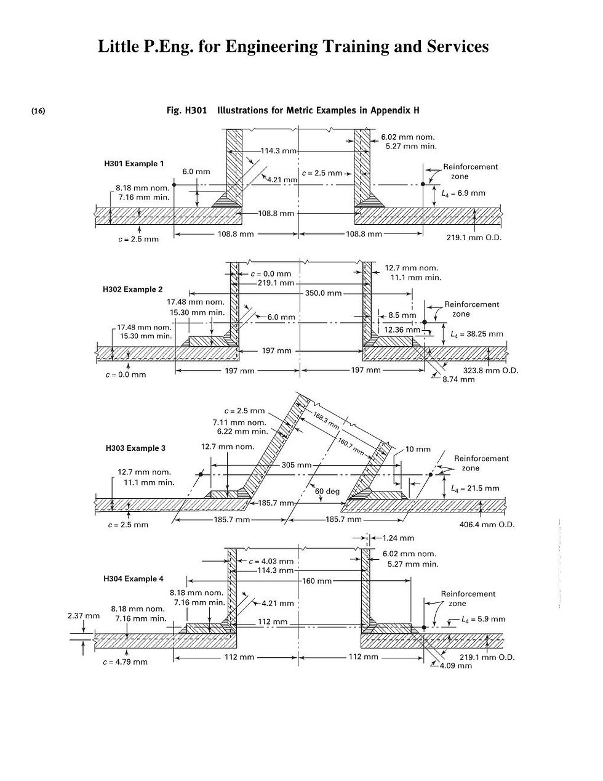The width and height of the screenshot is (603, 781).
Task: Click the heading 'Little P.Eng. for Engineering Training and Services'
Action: pos(293,47)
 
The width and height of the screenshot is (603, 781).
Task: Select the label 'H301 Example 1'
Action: pos(134,164)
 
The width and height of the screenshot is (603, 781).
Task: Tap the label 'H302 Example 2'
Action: pos(133,289)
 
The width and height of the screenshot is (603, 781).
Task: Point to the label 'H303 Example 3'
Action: pos(135,448)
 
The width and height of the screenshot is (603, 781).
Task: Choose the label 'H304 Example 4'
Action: pos(134,579)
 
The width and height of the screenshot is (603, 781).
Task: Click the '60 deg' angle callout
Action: pos(327,492)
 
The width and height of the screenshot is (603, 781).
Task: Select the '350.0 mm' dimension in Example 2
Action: pos(323,293)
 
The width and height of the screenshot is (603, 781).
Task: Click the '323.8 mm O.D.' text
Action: pos(490,371)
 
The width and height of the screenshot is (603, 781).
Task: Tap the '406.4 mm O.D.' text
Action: pos(487,525)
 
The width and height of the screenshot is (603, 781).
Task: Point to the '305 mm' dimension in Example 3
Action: pos(297,465)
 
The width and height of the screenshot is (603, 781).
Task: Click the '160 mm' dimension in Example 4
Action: pos(316,581)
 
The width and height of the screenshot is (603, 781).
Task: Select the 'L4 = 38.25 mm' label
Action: pos(477,334)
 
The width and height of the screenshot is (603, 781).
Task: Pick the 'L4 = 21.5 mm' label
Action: pos(475,488)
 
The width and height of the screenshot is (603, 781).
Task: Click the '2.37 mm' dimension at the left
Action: pos(83,615)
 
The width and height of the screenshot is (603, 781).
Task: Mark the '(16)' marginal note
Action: pos(38,111)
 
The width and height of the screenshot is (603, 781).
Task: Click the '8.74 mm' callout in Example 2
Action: pos(458,379)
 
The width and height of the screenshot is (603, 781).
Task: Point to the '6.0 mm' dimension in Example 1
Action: pos(196,172)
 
